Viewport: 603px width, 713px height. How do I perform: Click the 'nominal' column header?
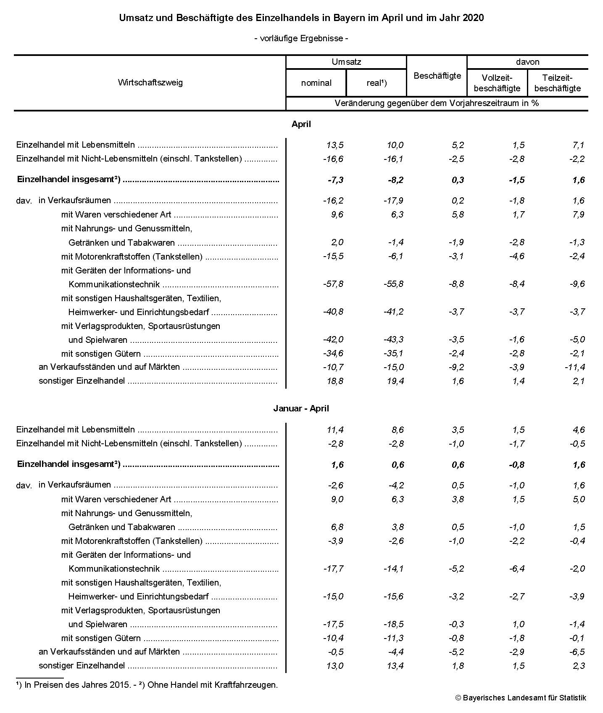pos(316,83)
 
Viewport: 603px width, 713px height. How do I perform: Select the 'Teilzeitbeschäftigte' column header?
pos(557,83)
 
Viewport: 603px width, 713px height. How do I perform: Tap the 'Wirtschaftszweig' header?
pos(150,82)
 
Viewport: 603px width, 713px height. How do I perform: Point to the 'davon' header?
pos(527,62)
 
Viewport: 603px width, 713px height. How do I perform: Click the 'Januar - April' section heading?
pos(301,408)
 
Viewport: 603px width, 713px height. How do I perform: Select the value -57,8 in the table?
pos(333,284)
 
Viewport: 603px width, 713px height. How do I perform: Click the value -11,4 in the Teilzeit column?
pos(574,367)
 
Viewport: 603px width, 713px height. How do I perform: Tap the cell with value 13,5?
pos(335,145)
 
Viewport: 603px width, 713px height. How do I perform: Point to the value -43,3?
pos(393,339)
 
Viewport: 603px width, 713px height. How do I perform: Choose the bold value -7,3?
pos(335,180)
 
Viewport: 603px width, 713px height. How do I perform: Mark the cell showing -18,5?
pos(393,624)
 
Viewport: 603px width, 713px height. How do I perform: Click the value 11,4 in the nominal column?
pos(335,430)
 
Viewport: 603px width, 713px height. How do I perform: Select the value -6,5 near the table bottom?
pos(577,652)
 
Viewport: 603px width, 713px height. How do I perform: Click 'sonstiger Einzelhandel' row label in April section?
pos(82,381)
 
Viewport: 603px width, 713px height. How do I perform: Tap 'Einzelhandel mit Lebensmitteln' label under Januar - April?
pos(76,430)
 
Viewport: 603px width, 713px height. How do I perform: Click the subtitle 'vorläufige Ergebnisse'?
pos(301,39)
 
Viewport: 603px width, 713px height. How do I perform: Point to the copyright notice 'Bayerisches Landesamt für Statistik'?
pos(524,698)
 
